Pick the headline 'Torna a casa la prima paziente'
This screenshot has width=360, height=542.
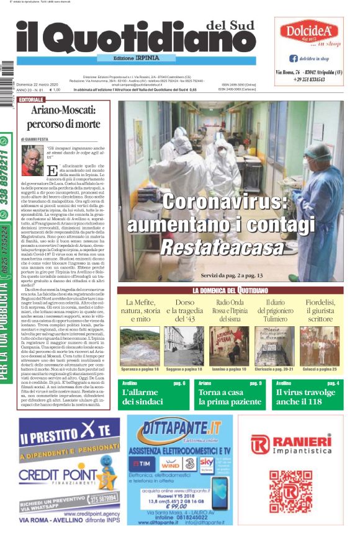[230, 397]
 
